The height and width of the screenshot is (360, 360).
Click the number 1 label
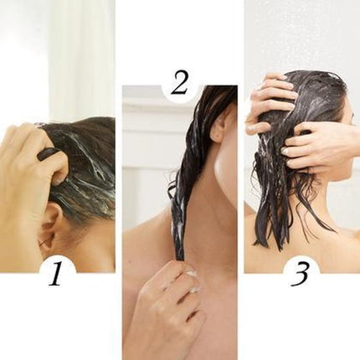[x=56, y=275]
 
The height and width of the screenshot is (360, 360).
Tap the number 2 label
[x=180, y=83]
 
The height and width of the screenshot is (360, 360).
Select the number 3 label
[x=300, y=275]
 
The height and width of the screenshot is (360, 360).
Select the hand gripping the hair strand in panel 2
[x=167, y=304]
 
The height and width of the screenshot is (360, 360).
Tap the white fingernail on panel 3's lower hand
[x=285, y=151]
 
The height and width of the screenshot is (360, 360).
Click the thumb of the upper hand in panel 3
[x=257, y=127]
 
